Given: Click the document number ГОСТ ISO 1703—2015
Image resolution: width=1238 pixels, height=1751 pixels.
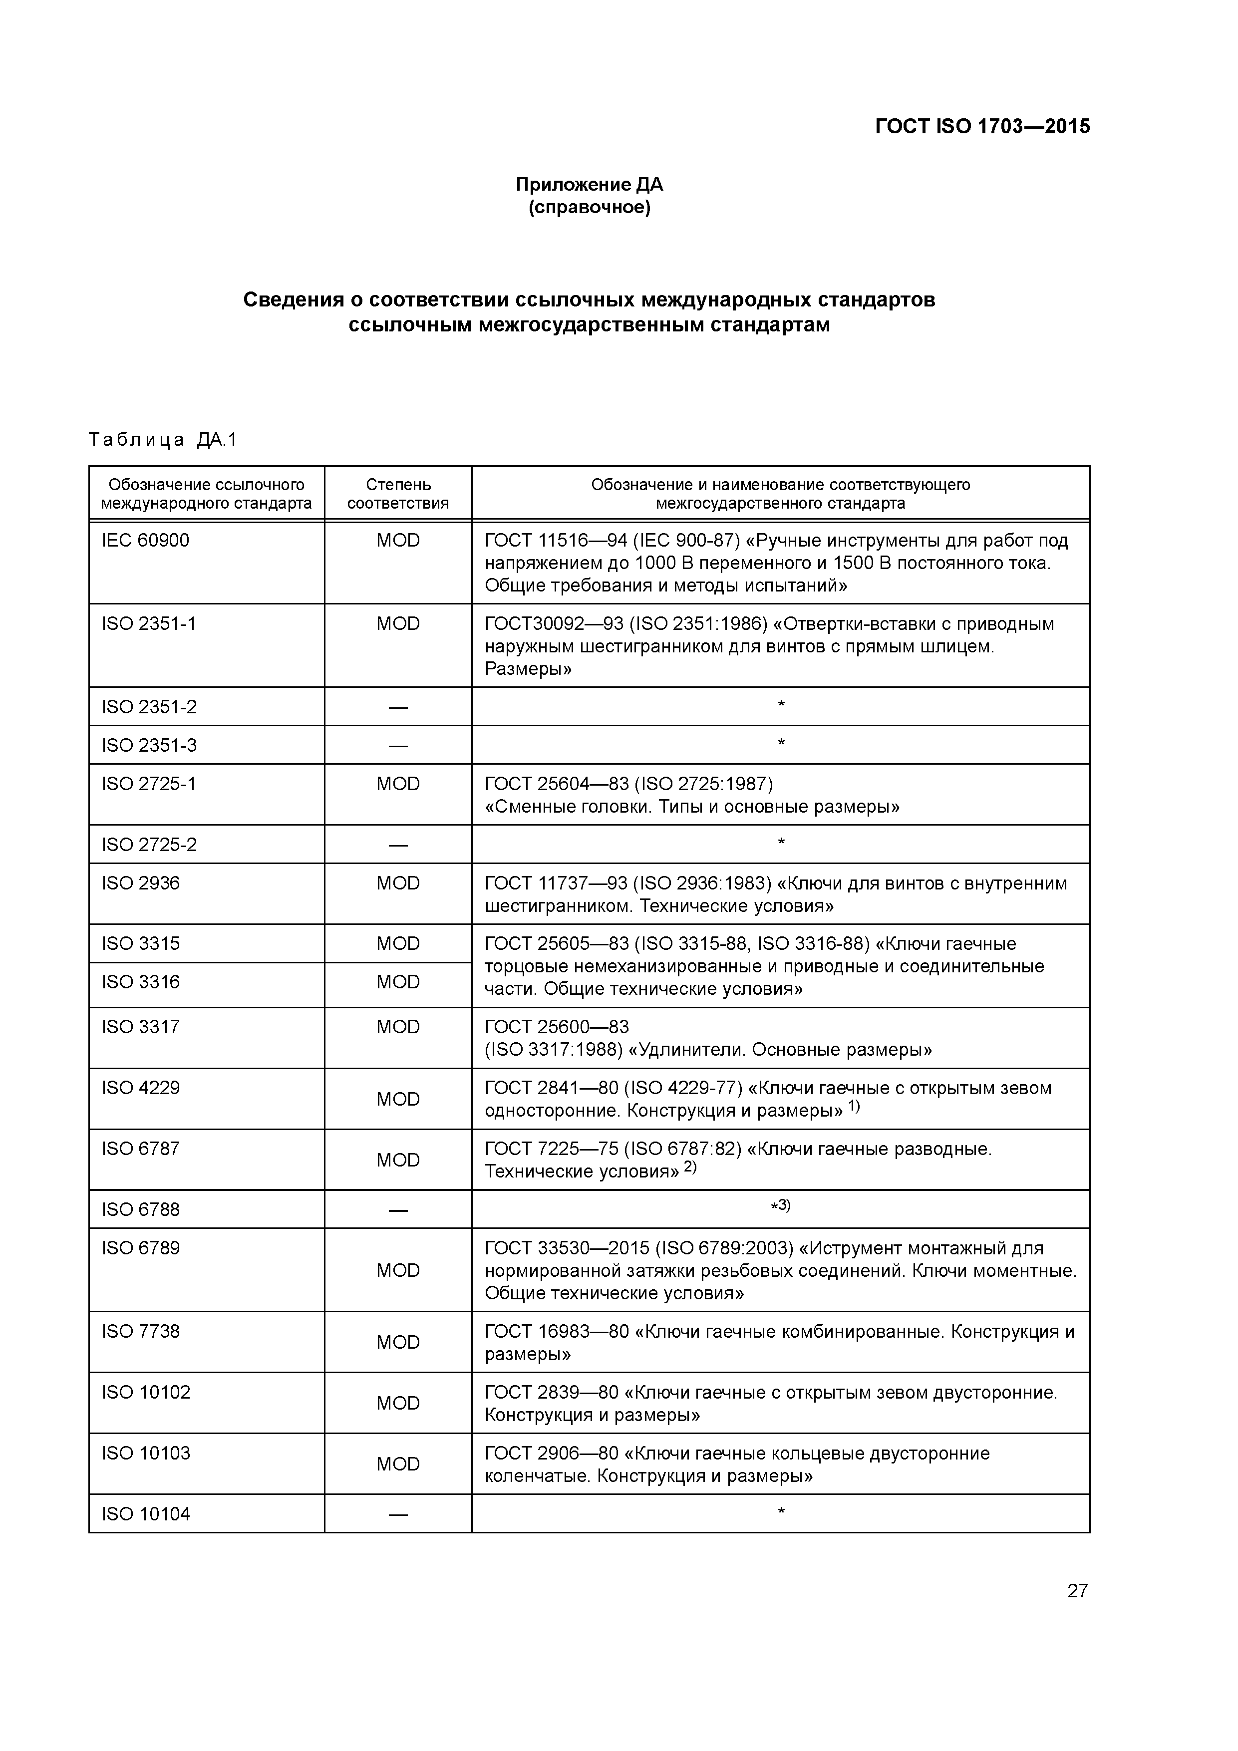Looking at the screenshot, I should pos(982,127).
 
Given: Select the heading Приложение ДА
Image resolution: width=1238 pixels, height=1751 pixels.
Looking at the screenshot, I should pos(589,185).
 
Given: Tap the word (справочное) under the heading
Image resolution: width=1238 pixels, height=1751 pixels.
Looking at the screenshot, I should pos(589,208).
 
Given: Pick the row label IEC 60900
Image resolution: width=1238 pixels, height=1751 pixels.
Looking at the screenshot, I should pos(146,541).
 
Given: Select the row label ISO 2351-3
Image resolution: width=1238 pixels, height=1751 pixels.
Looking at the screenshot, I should pos(149,745).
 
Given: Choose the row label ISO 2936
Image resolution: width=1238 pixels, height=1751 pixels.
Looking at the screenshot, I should pos(141,883).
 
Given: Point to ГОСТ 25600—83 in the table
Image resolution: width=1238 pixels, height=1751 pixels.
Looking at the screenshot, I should pos(557,1027).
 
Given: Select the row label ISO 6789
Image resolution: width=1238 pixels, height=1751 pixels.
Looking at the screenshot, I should pos(141,1248).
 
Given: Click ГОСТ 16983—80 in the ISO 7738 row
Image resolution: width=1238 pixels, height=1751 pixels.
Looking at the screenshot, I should pos(557,1332).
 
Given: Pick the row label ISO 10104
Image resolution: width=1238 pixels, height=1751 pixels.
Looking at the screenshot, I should pos(146,1514).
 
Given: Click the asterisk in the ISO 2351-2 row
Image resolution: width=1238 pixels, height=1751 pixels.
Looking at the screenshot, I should pos(780,704).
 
